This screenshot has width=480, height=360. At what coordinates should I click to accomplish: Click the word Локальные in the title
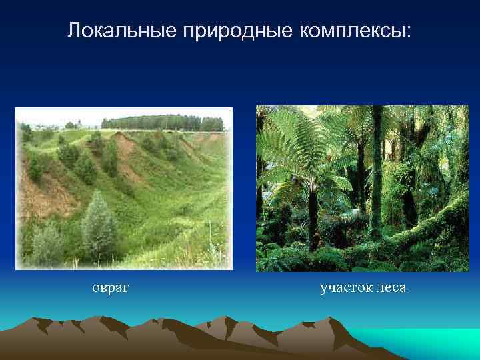pos(115,31)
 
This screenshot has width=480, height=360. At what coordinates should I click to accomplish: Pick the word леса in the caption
pos(392,288)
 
